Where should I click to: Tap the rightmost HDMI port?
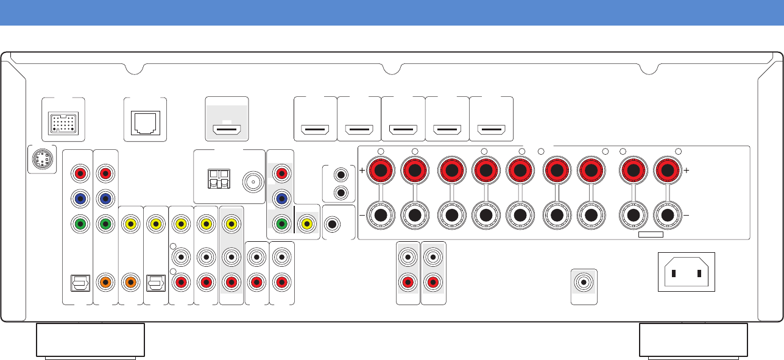click(492, 129)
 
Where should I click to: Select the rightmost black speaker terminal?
click(668, 216)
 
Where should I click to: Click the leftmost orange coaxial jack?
click(105, 282)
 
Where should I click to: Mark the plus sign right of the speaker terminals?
click(687, 171)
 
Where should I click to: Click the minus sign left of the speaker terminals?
click(362, 216)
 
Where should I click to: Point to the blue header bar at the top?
click(392, 12)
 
